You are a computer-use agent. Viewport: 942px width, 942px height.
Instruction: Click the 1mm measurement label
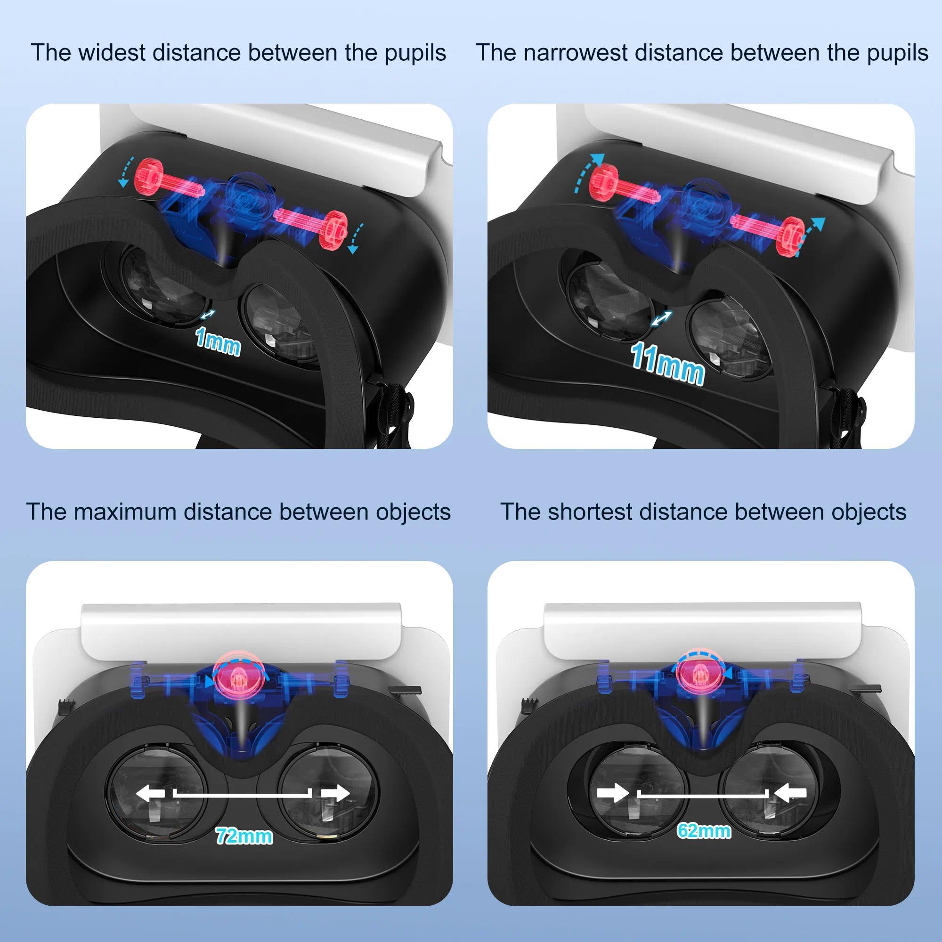218,342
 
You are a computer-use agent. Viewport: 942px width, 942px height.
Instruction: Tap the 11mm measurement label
667,364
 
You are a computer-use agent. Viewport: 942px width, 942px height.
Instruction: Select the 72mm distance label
244,836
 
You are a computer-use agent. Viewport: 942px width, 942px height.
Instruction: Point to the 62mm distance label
704,830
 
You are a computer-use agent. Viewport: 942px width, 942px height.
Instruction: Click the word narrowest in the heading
576,53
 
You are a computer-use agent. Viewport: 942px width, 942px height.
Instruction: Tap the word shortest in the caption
590,512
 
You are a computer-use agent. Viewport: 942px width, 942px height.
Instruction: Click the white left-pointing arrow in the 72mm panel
151,793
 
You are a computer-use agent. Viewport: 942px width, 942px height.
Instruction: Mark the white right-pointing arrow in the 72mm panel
335,793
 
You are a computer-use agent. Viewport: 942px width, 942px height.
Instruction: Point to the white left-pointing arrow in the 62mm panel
790,793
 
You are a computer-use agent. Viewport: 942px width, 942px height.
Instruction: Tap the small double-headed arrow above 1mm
208,315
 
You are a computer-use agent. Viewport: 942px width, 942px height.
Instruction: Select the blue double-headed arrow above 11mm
662,319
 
